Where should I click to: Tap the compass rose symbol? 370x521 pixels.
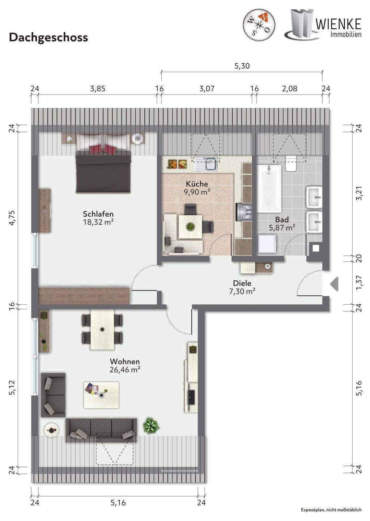click(259, 25)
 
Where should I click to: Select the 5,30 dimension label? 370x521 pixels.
click(242, 66)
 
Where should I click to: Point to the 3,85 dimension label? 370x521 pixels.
click(97, 89)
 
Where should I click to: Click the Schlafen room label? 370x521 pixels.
click(98, 213)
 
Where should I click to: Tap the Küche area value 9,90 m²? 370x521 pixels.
click(197, 192)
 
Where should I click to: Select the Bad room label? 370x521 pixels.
click(282, 219)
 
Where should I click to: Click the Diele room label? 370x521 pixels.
click(242, 283)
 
